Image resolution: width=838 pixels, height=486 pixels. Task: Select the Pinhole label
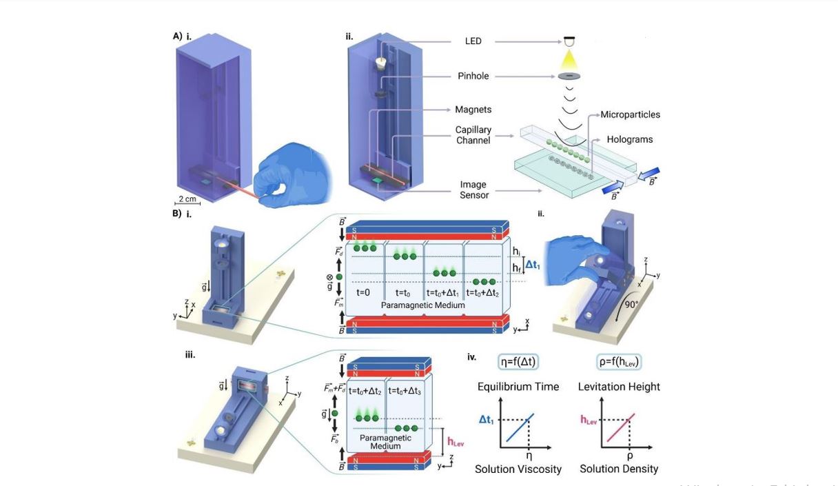click(472, 76)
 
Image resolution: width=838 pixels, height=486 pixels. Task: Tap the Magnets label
click(472, 110)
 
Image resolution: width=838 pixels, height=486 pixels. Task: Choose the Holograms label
click(629, 139)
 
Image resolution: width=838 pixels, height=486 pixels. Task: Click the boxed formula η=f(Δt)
click(518, 362)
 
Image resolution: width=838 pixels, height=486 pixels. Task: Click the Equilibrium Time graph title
click(518, 387)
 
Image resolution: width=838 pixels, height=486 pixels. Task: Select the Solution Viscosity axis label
click(518, 469)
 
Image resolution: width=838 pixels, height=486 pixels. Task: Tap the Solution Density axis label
click(619, 469)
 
